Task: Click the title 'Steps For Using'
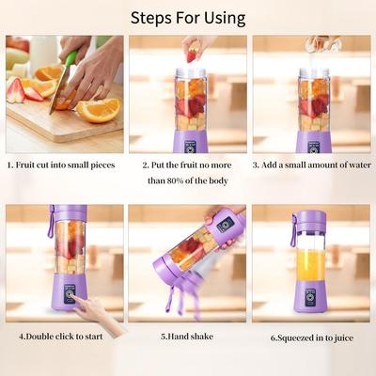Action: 188,18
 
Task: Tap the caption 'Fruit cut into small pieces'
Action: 64,164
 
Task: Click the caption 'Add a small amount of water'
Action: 310,164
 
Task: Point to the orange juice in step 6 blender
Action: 310,266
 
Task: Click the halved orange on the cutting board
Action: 98,109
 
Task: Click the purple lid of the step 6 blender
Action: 310,219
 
